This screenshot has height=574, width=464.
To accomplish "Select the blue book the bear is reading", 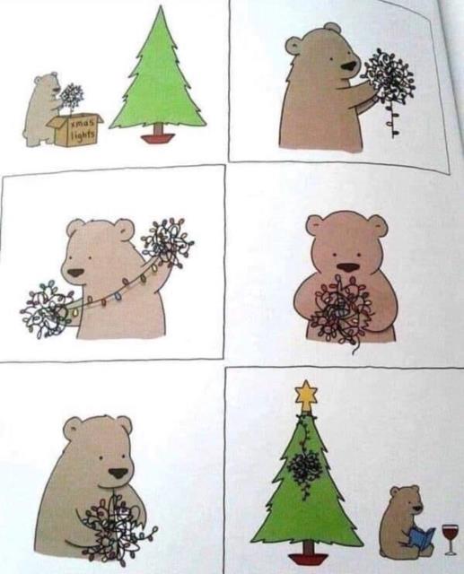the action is pos(421,537).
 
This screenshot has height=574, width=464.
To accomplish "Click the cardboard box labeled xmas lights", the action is pos(75,130).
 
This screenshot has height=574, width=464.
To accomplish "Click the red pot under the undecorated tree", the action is pos(157,139).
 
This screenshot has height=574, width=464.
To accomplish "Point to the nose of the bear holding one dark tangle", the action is pos(348,66).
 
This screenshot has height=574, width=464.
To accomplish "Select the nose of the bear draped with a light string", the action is pos(76,273).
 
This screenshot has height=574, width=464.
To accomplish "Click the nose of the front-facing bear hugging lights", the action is pos(347,267).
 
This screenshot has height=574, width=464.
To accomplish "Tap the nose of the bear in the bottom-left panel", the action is pos(118,473).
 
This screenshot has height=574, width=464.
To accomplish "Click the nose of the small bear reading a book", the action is pos(416,508).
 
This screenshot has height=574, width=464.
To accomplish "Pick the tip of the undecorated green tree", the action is pos(160,6).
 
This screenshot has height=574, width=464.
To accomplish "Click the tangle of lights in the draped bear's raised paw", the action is pos(167,240).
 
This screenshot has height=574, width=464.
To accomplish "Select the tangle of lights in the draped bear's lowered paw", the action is pos(46,309).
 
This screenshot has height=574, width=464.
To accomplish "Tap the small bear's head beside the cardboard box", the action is pos(48,83).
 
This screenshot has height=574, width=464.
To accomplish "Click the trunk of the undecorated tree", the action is pos(158,129).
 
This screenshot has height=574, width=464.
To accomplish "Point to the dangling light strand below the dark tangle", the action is pos(390,117).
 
